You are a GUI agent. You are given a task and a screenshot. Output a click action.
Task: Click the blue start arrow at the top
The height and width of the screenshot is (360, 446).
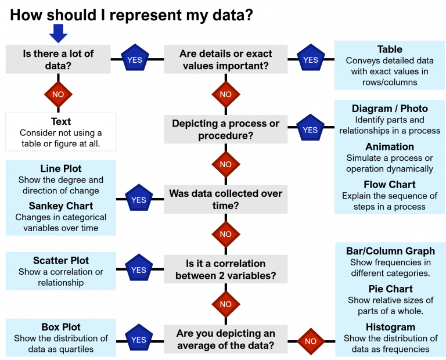[x=58, y=33]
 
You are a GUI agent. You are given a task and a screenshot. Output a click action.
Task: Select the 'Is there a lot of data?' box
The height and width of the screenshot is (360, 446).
[x=58, y=59]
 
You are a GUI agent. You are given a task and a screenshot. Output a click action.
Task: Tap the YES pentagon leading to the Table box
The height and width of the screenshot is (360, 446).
[x=311, y=59]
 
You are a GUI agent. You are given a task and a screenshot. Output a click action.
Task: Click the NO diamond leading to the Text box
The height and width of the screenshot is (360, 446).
[x=58, y=94]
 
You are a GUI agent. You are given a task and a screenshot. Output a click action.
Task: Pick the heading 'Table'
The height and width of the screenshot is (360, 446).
[x=390, y=49]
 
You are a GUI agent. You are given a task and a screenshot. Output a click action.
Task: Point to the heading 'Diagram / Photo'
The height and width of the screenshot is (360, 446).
[x=390, y=109]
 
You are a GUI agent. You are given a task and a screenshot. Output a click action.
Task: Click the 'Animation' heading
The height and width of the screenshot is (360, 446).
[x=390, y=147]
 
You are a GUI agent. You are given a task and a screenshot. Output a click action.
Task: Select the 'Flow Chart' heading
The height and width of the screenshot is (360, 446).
[x=390, y=185]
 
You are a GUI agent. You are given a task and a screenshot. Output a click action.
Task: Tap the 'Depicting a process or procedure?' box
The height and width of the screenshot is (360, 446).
[x=226, y=129]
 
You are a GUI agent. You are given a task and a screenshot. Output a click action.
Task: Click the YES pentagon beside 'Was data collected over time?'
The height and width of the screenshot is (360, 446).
[x=139, y=200]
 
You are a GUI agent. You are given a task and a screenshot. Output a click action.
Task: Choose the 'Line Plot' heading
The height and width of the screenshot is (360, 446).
[x=61, y=168]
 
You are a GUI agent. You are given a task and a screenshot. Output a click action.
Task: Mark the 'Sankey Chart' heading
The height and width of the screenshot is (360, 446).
[x=61, y=206]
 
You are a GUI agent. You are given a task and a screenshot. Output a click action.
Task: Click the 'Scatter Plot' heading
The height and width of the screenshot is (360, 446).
[x=61, y=261]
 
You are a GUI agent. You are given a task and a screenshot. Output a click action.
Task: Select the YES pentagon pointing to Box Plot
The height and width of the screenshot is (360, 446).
[x=139, y=340]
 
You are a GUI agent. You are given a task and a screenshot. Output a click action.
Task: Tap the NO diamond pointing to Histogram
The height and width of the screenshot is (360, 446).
[x=311, y=341]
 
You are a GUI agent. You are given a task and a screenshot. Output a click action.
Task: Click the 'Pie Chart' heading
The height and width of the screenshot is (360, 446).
[x=390, y=289]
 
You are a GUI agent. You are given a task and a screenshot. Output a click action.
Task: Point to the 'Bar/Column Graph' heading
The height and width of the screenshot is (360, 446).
[x=390, y=251]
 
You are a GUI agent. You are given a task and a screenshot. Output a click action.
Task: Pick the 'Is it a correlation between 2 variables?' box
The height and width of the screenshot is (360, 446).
[x=226, y=269]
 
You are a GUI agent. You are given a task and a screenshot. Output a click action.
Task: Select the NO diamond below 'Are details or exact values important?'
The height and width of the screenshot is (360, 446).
[x=226, y=94]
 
